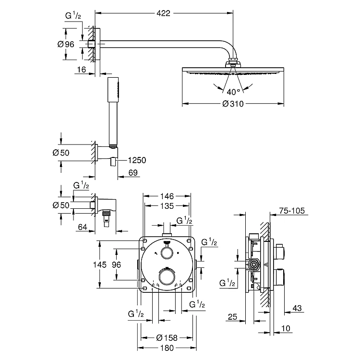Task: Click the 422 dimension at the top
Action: click(x=164, y=13)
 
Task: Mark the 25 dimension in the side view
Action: click(x=233, y=316)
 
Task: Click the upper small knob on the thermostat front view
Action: click(x=167, y=253)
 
